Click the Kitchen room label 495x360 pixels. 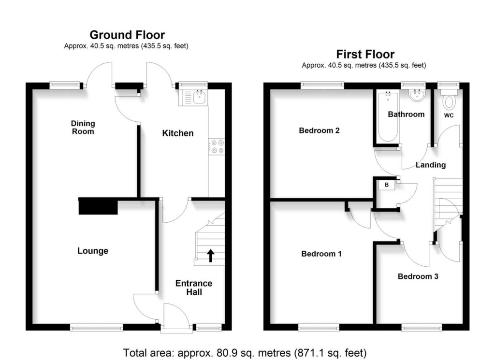pos(178,133)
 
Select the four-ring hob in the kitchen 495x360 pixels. pos(217,147)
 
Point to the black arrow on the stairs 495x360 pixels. pos(211,256)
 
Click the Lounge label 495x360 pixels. pos(93,251)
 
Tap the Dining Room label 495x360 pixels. pos(83,128)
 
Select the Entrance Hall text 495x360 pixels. pos(194,288)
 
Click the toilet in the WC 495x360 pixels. pos(449,100)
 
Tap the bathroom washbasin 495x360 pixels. pos(417,95)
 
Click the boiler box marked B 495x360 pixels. pos(387,185)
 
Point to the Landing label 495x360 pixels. pos(431,165)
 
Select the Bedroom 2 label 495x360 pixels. pos(319,130)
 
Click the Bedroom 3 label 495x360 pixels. pos(418,276)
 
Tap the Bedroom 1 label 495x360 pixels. pos(321,254)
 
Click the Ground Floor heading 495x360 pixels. pos(127,35)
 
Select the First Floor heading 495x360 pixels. pos(365,54)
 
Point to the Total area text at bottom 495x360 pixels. pos(245,352)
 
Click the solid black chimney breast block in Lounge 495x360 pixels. pos(98,206)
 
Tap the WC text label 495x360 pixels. pos(449,115)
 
